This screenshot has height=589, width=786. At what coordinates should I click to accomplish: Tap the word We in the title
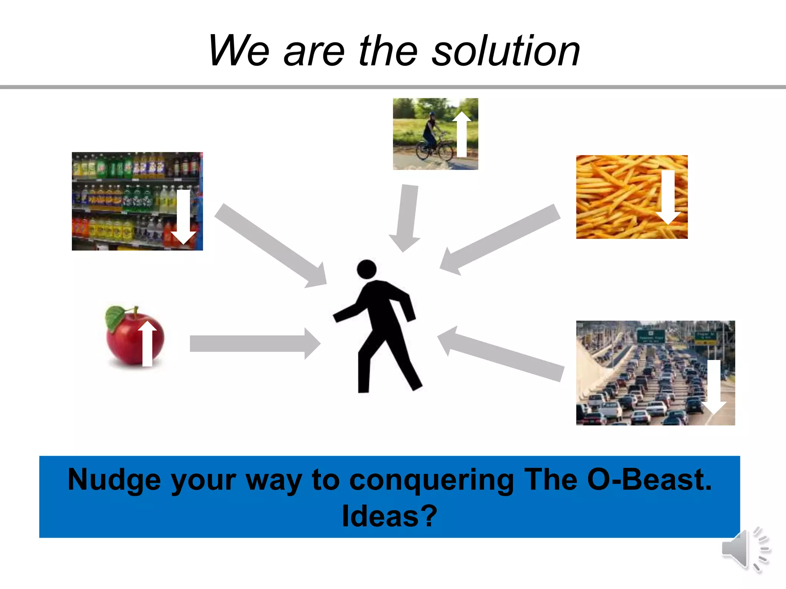point(238,51)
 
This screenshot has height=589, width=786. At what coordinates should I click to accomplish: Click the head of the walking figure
point(367,269)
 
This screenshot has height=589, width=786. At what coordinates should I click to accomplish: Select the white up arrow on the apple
point(147,344)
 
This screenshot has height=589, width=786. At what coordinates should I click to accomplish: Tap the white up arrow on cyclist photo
point(462,134)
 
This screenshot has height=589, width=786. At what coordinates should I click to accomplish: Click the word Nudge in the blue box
point(114,480)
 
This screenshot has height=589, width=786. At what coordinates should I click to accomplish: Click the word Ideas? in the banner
point(389,516)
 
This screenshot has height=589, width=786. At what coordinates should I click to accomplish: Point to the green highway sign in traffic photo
point(651,337)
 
